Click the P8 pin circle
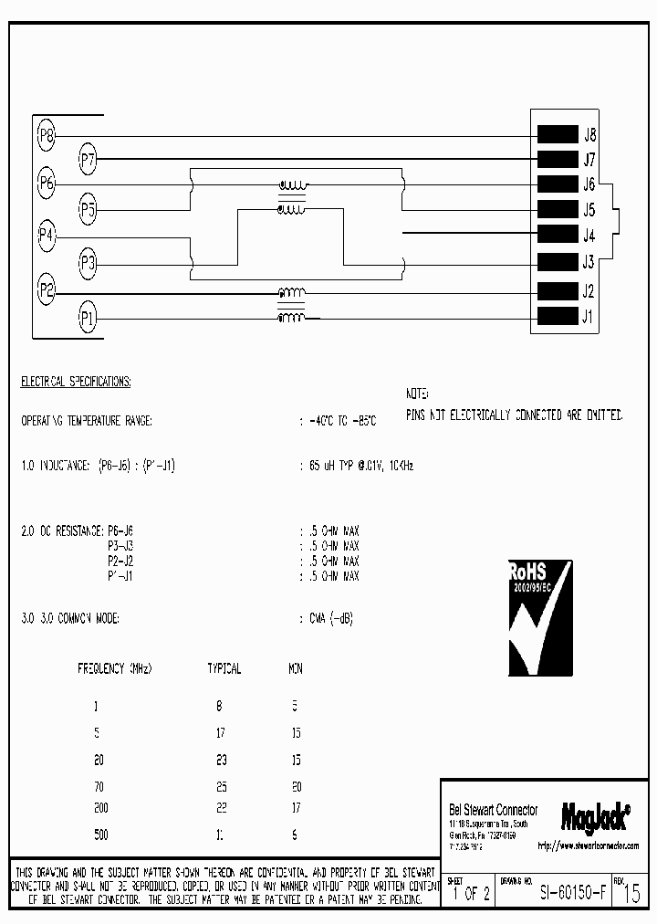click(47, 137)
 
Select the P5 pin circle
click(88, 210)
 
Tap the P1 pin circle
click(88, 319)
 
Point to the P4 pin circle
click(47, 235)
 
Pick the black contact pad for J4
click(557, 234)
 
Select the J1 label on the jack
click(589, 318)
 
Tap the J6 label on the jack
click(589, 184)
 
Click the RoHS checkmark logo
click(540, 617)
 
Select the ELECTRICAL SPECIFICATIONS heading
click(76, 381)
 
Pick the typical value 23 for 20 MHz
click(222, 760)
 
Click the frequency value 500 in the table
click(101, 834)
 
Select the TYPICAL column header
click(224, 668)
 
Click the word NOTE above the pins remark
click(417, 393)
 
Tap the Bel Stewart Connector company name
click(494, 811)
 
